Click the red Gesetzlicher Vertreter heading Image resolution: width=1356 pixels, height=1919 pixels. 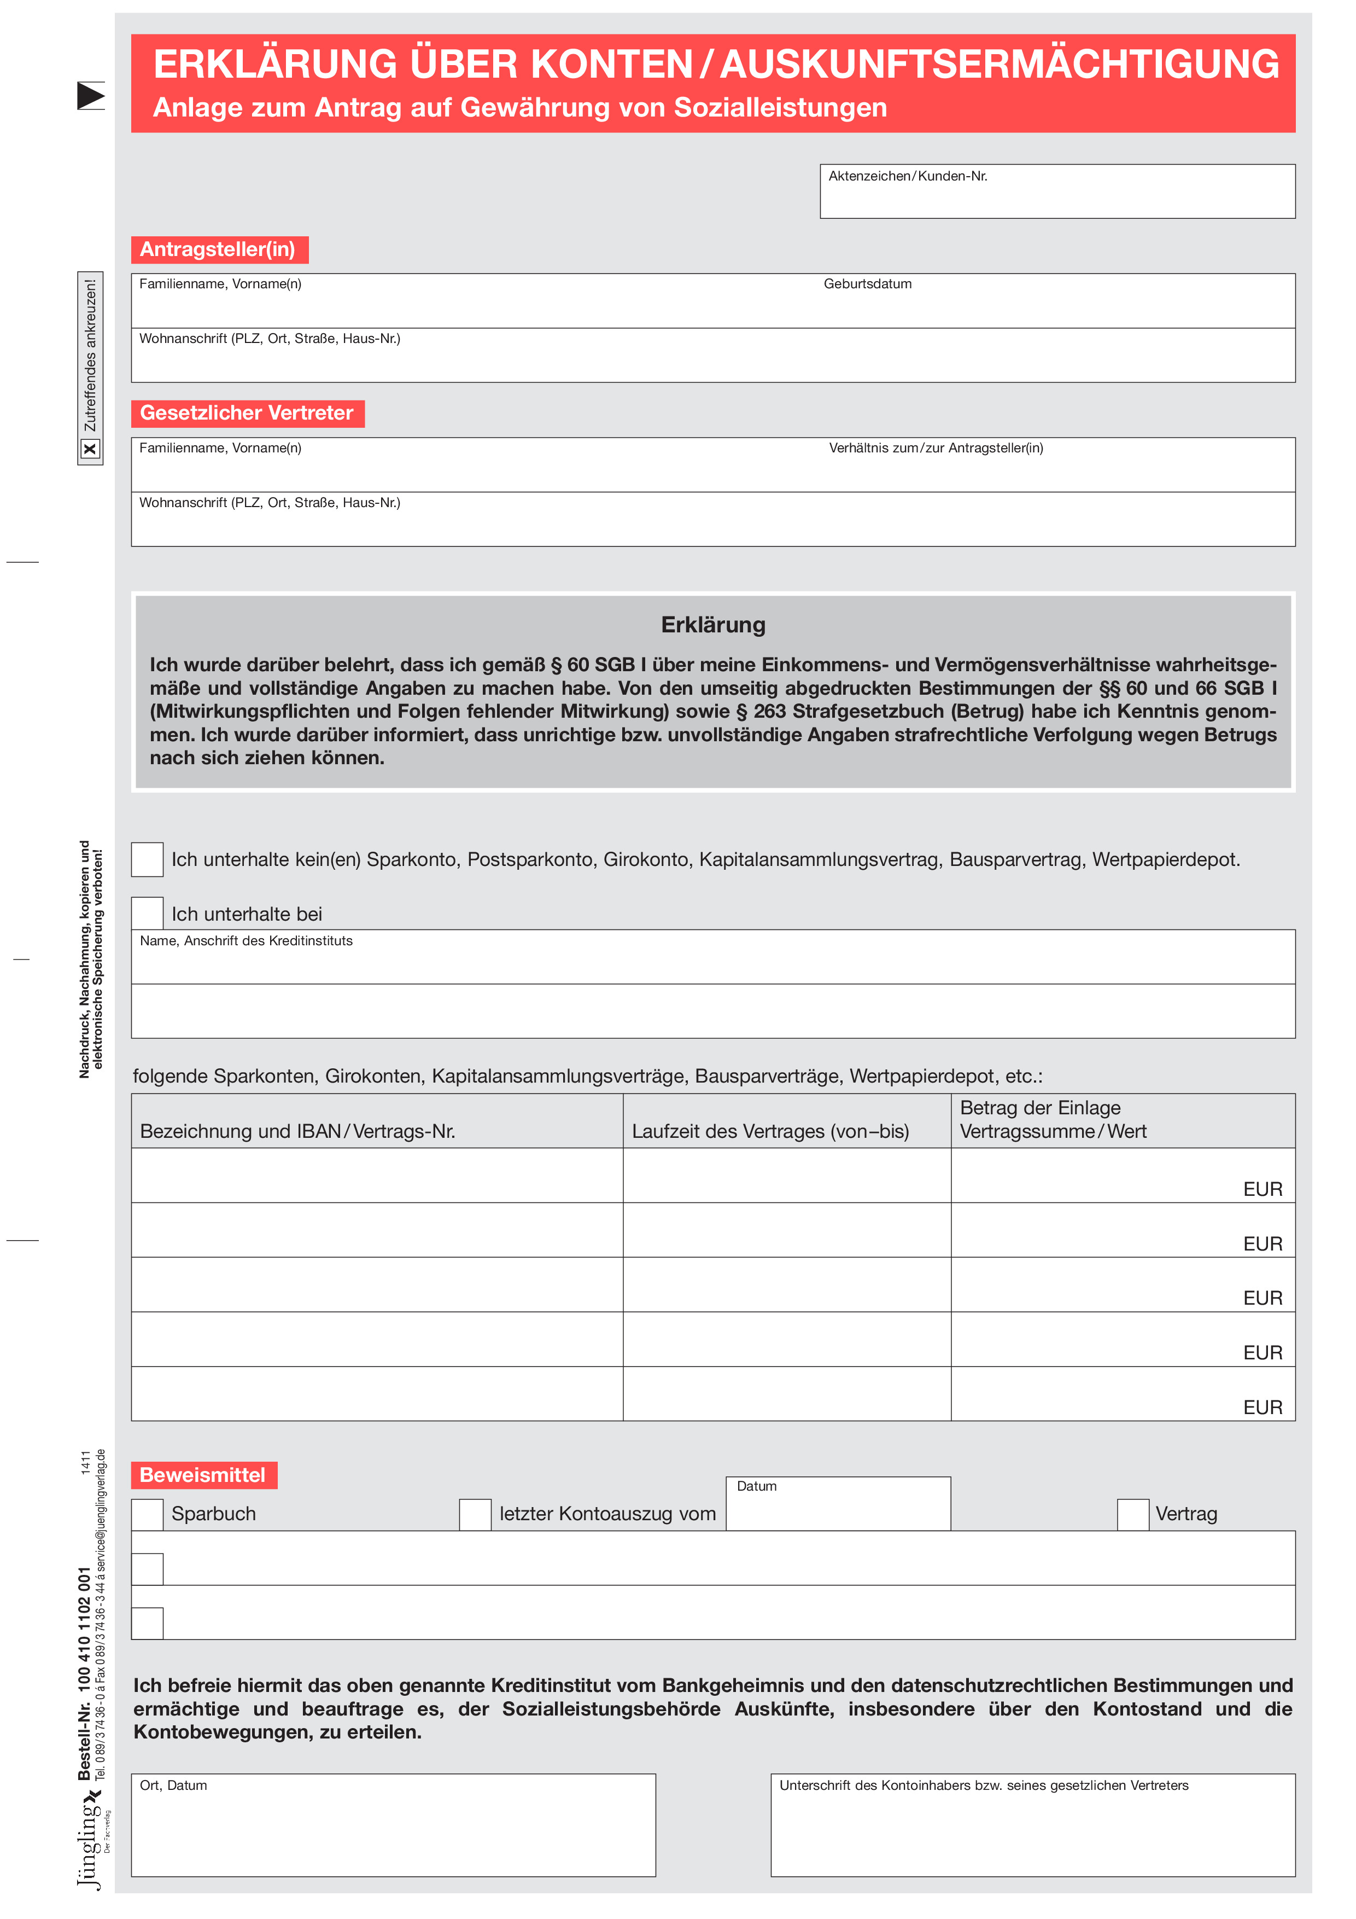pyautogui.click(x=247, y=414)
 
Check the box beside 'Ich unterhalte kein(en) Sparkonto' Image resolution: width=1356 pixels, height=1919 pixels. pyautogui.click(x=148, y=859)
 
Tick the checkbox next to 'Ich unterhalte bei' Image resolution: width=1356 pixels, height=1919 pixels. pyautogui.click(x=148, y=914)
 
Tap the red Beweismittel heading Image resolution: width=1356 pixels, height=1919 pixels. pyautogui.click(x=203, y=1475)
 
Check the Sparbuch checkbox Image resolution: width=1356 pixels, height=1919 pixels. pyautogui.click(x=148, y=1515)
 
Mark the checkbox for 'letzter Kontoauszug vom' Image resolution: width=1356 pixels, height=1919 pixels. pyautogui.click(x=475, y=1515)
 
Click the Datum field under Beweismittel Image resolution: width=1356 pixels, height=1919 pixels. pyautogui.click(x=838, y=1509)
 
